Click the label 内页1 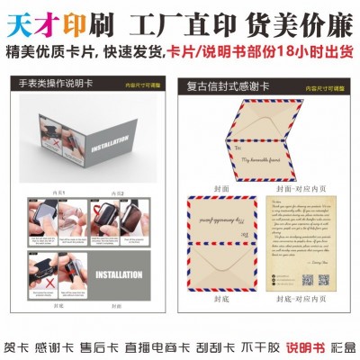[58, 192]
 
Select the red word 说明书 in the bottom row [305, 346]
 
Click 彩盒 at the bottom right [345, 346]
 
